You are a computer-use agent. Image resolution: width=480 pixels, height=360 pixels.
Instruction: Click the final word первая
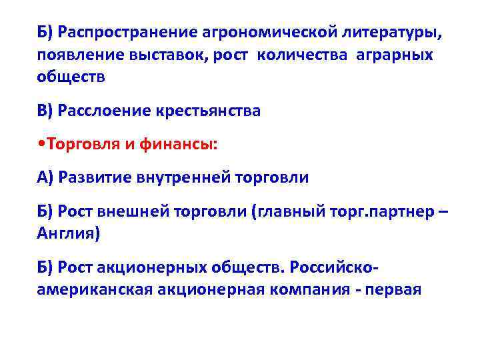395,289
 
